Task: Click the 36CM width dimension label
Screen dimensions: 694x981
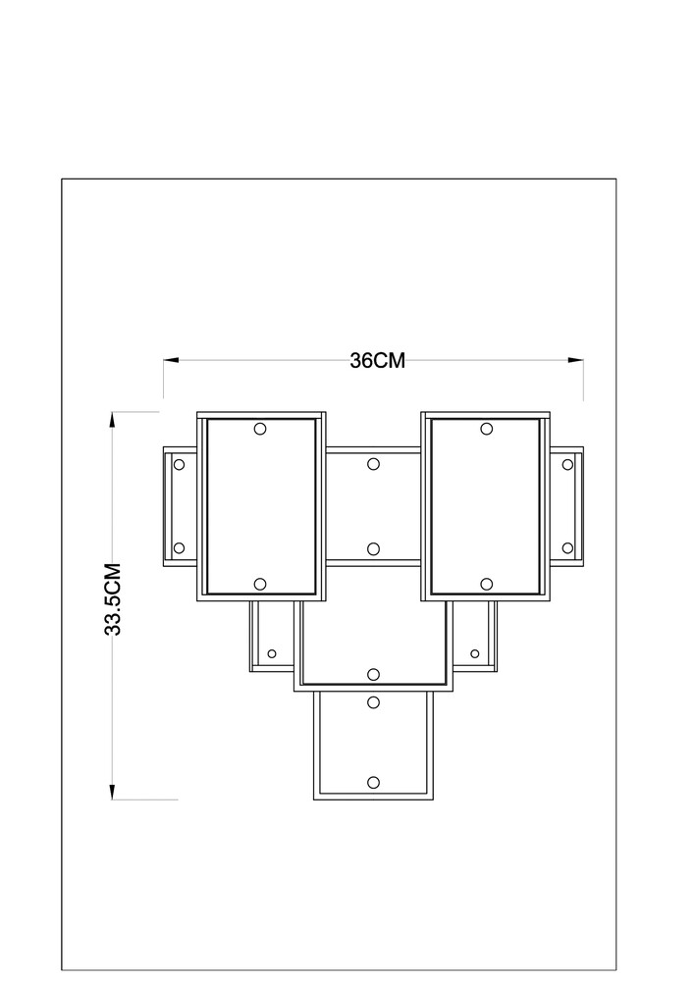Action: (377, 361)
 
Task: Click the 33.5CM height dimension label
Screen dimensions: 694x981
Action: (113, 599)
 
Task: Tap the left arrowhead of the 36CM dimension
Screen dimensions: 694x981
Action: (171, 360)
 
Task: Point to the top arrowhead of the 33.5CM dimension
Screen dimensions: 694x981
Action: (113, 419)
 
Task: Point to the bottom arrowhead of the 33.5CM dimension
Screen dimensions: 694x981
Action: (113, 792)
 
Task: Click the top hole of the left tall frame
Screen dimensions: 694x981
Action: (260, 429)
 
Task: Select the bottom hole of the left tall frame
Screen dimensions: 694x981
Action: (260, 584)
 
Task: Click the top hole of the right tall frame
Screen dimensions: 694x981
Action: (486, 429)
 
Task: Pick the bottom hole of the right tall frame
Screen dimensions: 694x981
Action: (486, 584)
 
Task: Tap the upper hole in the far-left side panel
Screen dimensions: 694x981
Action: (179, 464)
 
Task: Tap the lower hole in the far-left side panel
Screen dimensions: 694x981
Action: (179, 548)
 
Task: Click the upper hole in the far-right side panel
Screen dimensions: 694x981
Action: (567, 464)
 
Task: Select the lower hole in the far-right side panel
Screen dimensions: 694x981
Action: (567, 548)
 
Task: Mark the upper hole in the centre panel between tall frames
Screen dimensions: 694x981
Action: (374, 464)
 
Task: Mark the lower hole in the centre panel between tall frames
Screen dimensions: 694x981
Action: (374, 548)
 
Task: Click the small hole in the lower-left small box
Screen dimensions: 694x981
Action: (272, 653)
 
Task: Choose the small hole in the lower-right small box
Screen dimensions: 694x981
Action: (474, 653)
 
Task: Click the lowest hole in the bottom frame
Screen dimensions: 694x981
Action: (374, 782)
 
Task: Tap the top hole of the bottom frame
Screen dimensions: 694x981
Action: (374, 702)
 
